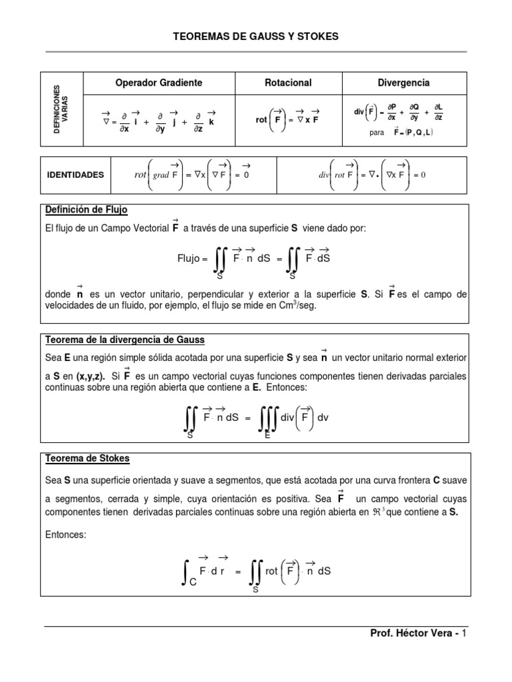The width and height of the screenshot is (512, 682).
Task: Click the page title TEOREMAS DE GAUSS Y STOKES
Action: [x=256, y=37]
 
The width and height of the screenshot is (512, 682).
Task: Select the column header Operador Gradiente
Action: [x=159, y=83]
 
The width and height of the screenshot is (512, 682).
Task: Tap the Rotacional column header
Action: [x=289, y=83]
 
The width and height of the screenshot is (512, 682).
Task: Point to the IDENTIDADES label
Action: [x=75, y=174]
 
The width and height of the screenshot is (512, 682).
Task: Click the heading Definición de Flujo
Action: [x=86, y=210]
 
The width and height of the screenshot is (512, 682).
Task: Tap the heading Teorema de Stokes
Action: [x=87, y=459]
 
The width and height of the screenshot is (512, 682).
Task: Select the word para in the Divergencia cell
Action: [x=377, y=133]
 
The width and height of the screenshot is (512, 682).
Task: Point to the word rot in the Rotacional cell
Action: [x=262, y=120]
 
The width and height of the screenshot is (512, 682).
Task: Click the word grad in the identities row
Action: [x=161, y=175]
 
